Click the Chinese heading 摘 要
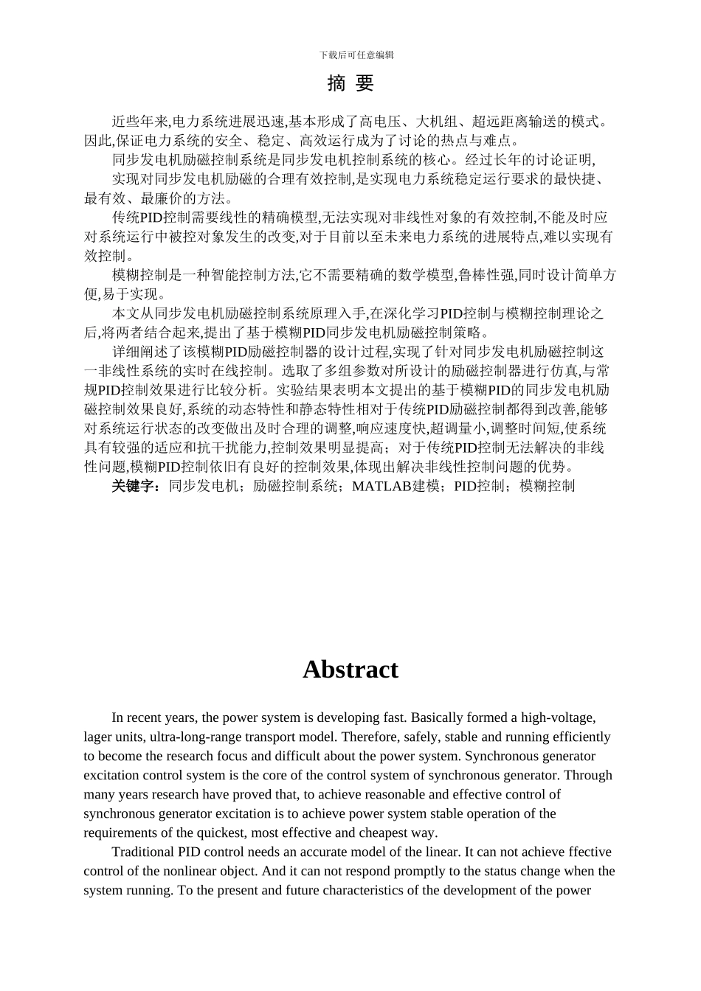[350, 84]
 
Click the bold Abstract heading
[350, 670]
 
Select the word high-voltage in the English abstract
[558, 717]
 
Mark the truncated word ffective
[589, 852]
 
